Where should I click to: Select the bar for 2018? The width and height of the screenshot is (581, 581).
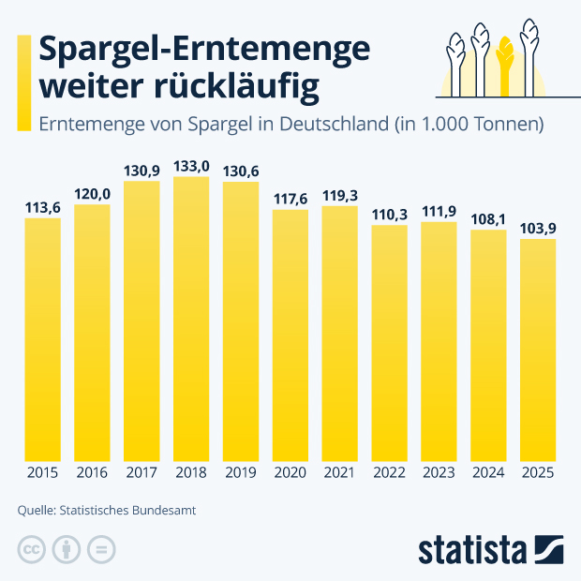(191, 319)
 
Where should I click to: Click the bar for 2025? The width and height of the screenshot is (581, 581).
(538, 350)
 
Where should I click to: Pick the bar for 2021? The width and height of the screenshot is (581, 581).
(339, 334)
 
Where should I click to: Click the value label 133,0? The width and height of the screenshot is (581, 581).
(191, 166)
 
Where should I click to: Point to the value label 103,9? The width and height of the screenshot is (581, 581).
(538, 229)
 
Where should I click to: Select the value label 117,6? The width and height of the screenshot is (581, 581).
(290, 199)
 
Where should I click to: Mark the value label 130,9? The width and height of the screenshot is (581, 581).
(142, 171)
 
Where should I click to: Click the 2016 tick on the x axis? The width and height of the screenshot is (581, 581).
(92, 474)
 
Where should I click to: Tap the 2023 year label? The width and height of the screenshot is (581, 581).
(439, 474)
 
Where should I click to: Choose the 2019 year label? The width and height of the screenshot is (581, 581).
(241, 474)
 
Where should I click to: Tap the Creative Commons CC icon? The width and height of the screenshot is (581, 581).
(32, 549)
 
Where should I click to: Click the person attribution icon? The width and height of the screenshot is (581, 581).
(67, 549)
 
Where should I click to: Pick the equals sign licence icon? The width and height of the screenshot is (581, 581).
(101, 549)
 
